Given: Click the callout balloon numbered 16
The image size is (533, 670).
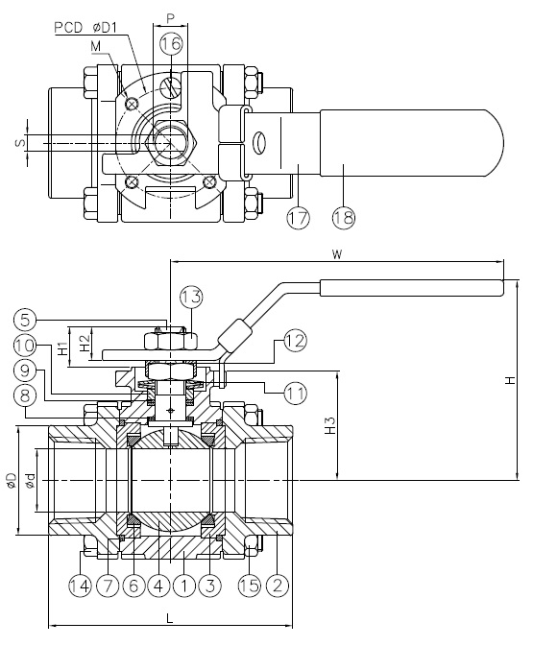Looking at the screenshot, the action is tap(171, 43).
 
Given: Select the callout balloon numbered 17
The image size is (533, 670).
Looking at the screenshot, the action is tap(298, 218).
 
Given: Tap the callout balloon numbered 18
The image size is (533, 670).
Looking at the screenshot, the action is tap(344, 218).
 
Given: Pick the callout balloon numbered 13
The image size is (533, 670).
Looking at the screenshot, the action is tap(191, 297).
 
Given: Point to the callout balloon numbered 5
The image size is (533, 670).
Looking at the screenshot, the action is tap(25, 319).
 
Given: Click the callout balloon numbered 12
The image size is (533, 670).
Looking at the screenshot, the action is tap(296, 341).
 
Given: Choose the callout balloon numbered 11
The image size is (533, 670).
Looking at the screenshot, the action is tap(296, 393).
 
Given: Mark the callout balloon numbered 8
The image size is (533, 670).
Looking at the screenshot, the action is tap(25, 395).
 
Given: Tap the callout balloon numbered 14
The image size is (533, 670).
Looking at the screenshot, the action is tap(81, 585).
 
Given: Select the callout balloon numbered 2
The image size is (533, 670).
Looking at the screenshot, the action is tap(278, 585).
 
